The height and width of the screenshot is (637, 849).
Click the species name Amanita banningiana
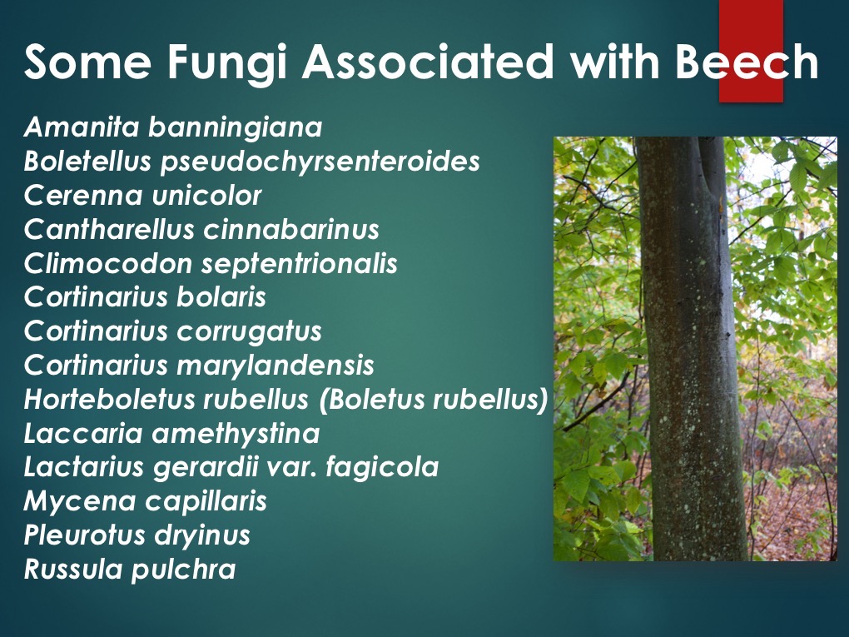pos(172,127)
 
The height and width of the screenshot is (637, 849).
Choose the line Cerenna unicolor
pos(142,196)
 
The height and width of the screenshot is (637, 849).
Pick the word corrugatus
pos(249,331)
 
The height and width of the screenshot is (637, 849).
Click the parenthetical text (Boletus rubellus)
pos(433,399)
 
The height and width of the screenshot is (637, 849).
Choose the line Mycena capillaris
pos(146,501)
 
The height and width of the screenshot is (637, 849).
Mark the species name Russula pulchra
pos(130,569)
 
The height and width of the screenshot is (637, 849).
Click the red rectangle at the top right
pos(751,50)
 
